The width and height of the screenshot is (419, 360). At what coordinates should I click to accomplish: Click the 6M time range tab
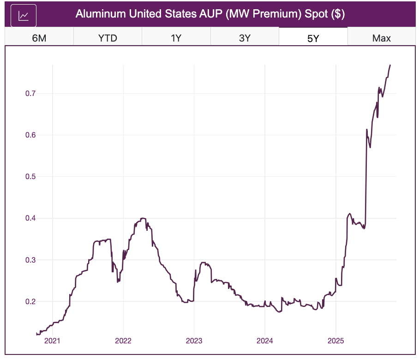pyautogui.click(x=39, y=38)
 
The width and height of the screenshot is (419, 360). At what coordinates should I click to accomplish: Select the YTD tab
pyautogui.click(x=108, y=38)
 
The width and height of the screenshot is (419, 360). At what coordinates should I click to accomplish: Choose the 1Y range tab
pyautogui.click(x=176, y=38)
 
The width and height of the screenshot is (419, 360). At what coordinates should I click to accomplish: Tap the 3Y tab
pyautogui.click(x=245, y=38)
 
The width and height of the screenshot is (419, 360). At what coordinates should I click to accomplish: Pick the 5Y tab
pyautogui.click(x=313, y=38)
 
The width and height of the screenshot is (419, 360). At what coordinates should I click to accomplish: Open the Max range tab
pyautogui.click(x=382, y=38)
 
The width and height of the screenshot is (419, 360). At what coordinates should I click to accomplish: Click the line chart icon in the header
pyautogui.click(x=24, y=16)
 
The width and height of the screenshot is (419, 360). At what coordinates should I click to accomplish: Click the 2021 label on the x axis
pyautogui.click(x=53, y=342)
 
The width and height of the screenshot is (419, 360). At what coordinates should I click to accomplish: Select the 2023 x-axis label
pyautogui.click(x=194, y=342)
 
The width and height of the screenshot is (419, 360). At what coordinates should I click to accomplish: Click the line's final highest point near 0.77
pyautogui.click(x=390, y=65)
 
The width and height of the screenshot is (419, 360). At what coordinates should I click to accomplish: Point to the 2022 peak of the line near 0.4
pyautogui.click(x=143, y=218)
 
